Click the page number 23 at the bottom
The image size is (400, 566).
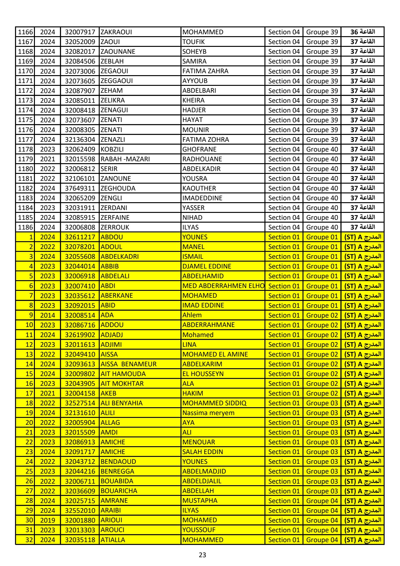202,555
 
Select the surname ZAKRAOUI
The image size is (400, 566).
116,32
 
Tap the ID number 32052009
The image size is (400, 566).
80,42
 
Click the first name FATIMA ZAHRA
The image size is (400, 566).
205,71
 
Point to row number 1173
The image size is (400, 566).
25,100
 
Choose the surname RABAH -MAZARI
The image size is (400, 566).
125,159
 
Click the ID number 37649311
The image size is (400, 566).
80,188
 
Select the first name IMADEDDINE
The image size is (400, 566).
202,198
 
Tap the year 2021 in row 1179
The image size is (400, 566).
47,159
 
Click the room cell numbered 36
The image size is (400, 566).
363,32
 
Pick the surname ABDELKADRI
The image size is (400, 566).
119,257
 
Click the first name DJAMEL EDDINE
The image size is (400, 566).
207,266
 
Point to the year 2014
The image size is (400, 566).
47,315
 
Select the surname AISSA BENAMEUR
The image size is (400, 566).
128,364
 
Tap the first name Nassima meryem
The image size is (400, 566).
208,413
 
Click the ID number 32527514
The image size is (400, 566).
80,403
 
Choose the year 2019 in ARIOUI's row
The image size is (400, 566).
47,520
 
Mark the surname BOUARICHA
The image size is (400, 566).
119,491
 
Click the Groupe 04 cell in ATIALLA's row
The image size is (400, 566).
322,540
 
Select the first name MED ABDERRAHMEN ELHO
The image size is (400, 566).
223,286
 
